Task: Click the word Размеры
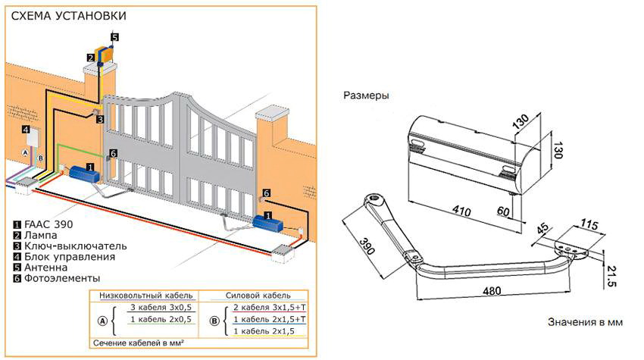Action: (x=366, y=96)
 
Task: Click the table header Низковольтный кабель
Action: (x=142, y=296)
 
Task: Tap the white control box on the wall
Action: (x=31, y=136)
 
